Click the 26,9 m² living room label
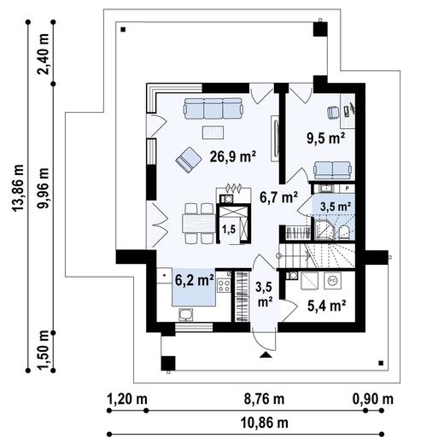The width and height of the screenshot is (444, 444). click(233, 156)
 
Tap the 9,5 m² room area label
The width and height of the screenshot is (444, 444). click(326, 138)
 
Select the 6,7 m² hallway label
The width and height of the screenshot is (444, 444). click(278, 197)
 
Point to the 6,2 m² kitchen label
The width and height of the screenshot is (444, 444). click(195, 280)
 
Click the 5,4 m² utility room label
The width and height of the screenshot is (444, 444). click(327, 306)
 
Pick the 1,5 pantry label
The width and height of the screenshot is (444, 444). click(229, 229)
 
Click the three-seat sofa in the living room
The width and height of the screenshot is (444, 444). click(213, 108)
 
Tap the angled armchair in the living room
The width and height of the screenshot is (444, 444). click(189, 160)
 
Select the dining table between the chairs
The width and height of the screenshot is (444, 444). click(199, 224)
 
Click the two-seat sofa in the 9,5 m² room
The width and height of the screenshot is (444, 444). click(332, 170)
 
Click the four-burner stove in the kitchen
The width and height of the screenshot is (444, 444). click(224, 286)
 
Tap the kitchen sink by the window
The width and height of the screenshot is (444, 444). click(186, 314)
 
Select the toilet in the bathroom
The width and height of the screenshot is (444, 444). click(343, 231)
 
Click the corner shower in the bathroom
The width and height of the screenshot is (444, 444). click(323, 230)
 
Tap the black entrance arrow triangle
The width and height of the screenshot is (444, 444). click(266, 354)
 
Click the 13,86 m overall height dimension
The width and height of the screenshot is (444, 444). click(18, 188)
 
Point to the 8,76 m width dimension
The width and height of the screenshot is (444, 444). click(265, 399)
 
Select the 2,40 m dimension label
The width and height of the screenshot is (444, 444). click(44, 54)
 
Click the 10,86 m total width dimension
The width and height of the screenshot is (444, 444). click(265, 423)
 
